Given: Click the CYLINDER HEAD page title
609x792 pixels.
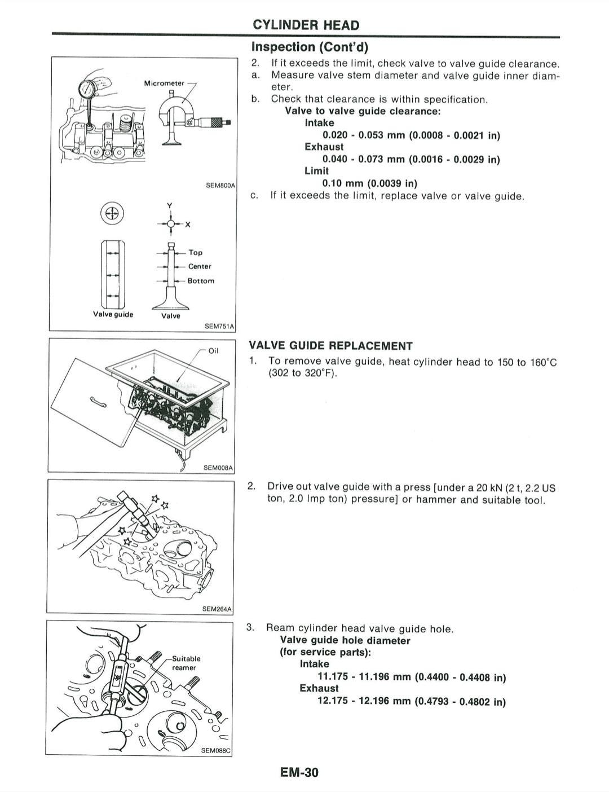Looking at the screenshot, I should coord(306,25).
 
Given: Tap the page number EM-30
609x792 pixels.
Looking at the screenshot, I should coord(299,772).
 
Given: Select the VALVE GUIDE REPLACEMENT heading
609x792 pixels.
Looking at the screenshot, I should coord(330,346).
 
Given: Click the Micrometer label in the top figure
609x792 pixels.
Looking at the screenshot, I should coord(164,83).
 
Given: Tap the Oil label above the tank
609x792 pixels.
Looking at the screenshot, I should coord(213,350).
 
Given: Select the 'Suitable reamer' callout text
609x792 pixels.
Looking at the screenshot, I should coord(186,663).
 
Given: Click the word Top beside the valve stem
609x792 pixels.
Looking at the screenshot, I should coord(195,253).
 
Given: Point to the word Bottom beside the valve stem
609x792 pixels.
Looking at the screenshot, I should coord(201,281).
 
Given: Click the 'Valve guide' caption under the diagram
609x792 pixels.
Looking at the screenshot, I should coord(113,314).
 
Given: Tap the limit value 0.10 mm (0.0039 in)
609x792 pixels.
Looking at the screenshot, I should coord(369,183).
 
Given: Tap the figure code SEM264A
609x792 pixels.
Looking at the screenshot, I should coord(217,609).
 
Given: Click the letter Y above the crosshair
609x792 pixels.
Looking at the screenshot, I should coord(169,205).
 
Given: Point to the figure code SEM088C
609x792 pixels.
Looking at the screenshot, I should coord(217,750).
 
